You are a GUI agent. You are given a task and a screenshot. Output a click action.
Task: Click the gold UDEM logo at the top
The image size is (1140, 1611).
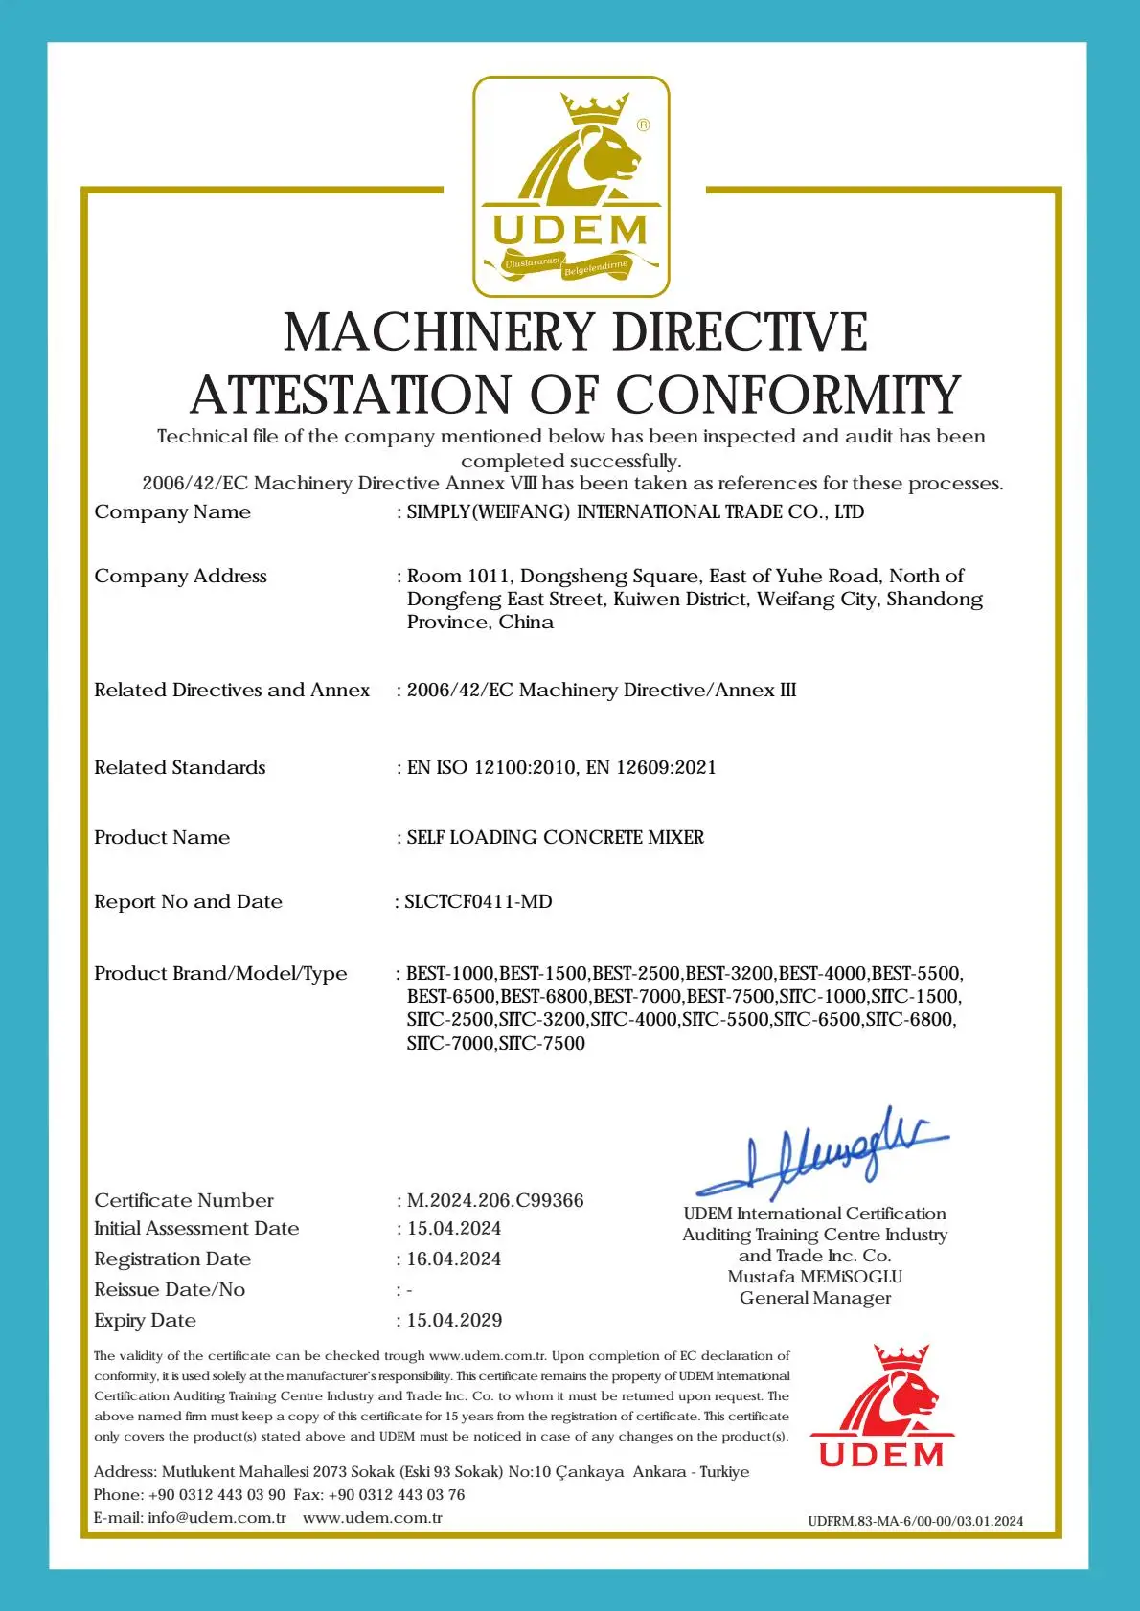point(571,187)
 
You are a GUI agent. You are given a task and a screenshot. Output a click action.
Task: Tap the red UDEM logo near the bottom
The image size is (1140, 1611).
point(881,1408)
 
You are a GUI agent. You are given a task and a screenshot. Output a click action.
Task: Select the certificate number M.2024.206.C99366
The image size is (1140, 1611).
point(495,1200)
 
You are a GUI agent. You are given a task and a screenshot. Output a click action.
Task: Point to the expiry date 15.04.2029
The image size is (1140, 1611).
point(454,1320)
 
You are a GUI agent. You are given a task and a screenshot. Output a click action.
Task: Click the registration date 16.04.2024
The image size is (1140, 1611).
point(454,1259)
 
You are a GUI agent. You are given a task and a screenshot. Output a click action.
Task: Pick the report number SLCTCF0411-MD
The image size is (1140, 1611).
point(478,901)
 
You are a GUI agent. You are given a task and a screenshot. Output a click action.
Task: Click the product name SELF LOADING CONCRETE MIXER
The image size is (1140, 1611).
point(556,837)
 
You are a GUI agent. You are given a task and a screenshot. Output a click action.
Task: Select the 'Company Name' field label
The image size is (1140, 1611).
point(172,511)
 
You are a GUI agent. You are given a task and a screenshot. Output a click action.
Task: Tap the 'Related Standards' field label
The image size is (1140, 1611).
point(180,767)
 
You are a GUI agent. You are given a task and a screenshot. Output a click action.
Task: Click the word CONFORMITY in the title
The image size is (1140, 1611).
point(787,395)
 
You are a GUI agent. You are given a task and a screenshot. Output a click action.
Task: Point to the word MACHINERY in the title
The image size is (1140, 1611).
point(440,332)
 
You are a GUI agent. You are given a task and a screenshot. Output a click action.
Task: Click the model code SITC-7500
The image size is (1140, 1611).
point(541,1043)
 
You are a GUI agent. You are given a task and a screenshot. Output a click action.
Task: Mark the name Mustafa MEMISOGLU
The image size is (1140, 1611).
point(814,1277)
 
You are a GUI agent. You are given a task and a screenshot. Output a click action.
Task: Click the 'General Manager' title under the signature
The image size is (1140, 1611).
point(815,1298)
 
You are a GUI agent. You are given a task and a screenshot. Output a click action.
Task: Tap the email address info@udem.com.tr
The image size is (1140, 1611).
point(217,1517)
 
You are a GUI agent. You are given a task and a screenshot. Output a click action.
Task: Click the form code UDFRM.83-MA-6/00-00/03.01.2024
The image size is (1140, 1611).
point(915,1521)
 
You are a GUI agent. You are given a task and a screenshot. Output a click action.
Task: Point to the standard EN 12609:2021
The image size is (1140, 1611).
point(651,767)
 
